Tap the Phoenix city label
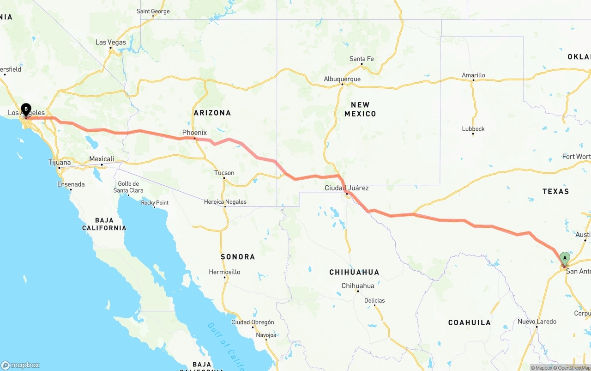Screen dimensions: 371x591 pyautogui.click(x=194, y=133)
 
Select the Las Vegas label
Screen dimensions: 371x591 pyautogui.click(x=111, y=42)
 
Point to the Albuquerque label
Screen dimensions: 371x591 pyautogui.click(x=342, y=79)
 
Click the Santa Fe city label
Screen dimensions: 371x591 pyautogui.click(x=362, y=59)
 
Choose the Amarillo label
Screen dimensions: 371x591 pyautogui.click(x=473, y=75)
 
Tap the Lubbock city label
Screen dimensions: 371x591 pyautogui.click(x=473, y=129)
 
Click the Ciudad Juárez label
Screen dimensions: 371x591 pyautogui.click(x=347, y=188)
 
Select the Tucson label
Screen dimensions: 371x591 pyautogui.click(x=224, y=173)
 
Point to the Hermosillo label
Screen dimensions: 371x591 pyautogui.click(x=224, y=272)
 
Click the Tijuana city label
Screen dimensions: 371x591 pyautogui.click(x=60, y=162)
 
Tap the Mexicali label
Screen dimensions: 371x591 pyautogui.click(x=102, y=159)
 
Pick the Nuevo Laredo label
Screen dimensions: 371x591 pyautogui.click(x=537, y=322)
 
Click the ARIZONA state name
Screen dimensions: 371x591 pyautogui.click(x=212, y=113)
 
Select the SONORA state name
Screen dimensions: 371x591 pyautogui.click(x=238, y=256)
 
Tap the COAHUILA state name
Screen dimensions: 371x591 pyautogui.click(x=470, y=322)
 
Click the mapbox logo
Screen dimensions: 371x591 pyautogui.click(x=20, y=365)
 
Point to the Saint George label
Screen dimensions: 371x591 pyautogui.click(x=153, y=11)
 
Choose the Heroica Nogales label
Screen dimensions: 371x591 pyautogui.click(x=225, y=202)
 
